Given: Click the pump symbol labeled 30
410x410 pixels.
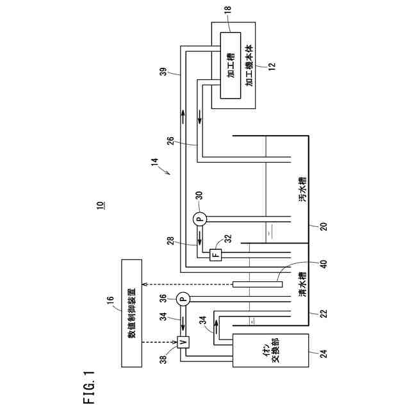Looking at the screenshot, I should [199, 219].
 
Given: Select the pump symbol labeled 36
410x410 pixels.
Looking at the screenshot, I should [182, 298].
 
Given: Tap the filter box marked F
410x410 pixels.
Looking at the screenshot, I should [215, 254].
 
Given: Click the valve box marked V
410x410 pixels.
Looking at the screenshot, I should [182, 341].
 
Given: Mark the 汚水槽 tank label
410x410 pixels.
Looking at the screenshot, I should [302, 190].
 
